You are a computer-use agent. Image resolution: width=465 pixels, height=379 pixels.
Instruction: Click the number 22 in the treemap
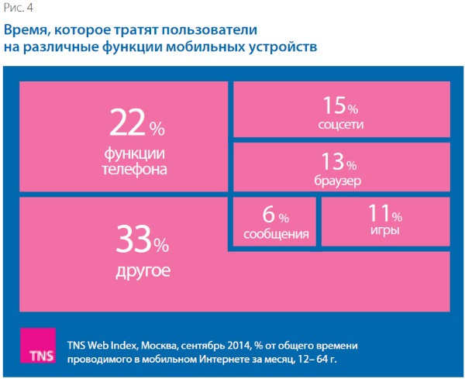[126, 123]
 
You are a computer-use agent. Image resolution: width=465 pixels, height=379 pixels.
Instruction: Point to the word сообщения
[275, 234]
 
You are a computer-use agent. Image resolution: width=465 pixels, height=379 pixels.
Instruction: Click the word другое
[142, 272]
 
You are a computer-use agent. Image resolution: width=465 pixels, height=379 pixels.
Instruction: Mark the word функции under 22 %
[134, 150]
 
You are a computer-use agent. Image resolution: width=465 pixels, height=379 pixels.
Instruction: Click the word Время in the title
[28, 32]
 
